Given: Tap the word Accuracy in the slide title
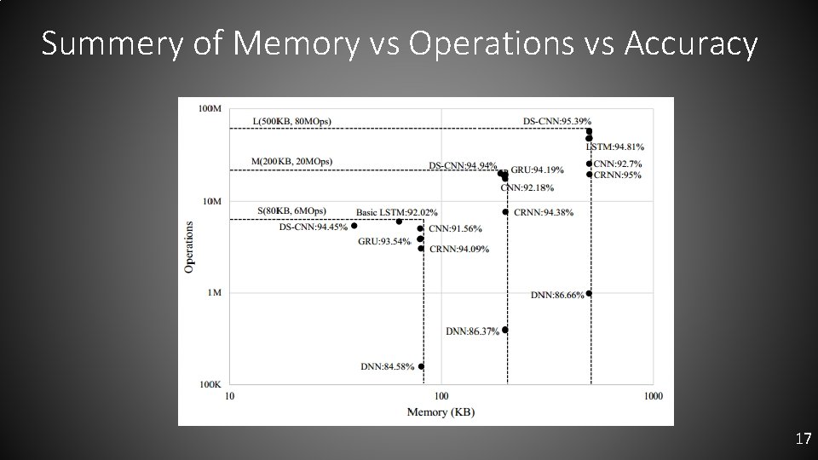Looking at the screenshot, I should tap(691, 44).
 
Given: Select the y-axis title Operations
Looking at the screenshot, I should tap(188, 247).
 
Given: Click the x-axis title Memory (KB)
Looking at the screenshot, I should tap(442, 412).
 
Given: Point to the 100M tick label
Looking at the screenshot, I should tap(210, 109).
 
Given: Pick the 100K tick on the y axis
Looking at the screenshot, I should tap(210, 385).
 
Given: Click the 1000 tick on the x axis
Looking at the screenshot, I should tap(653, 397).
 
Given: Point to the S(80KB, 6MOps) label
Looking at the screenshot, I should tap(291, 210).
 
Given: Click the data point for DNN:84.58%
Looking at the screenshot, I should tap(421, 366).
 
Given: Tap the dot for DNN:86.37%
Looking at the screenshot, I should tap(505, 330).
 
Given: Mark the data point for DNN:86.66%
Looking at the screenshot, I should tap(589, 294).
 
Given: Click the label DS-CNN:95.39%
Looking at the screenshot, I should tap(556, 121).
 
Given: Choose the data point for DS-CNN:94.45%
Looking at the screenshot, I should tap(354, 226).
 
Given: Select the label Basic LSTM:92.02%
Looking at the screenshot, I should tap(396, 212).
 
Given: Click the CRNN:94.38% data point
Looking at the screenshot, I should tap(505, 211).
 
